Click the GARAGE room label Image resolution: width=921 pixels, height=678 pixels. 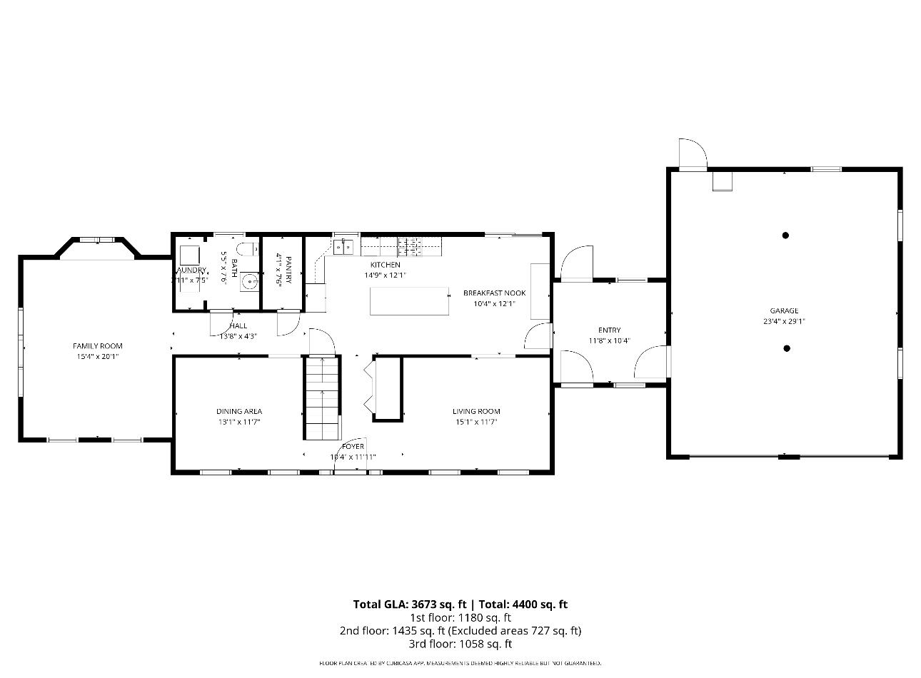[x=784, y=310]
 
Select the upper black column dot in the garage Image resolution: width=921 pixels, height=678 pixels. [x=785, y=235]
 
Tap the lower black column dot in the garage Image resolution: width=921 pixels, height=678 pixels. [x=787, y=348]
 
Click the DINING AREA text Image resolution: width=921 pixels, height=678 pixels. [x=239, y=411]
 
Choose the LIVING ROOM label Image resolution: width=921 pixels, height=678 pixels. [x=476, y=411]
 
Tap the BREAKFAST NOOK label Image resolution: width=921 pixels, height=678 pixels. [x=494, y=293]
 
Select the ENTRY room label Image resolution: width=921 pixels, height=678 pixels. [x=609, y=330]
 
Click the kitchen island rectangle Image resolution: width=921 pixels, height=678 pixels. [x=410, y=300]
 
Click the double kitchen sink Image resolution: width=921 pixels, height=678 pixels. [x=343, y=248]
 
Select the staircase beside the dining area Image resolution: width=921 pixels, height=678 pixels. [x=322, y=398]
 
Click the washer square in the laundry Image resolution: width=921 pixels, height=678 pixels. [x=190, y=255]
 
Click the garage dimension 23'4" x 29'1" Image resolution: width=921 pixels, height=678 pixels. [x=784, y=321]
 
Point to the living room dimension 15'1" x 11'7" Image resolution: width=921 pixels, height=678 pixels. [x=476, y=422]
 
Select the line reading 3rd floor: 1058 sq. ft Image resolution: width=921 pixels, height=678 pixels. [x=460, y=644]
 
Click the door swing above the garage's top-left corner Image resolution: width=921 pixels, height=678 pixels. [x=692, y=153]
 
